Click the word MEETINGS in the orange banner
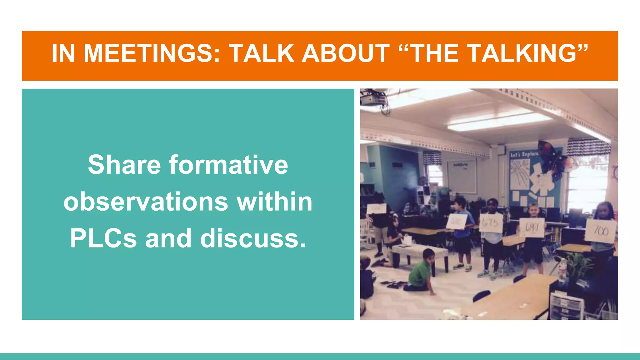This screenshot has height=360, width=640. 152,53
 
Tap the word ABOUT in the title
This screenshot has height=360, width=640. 346,53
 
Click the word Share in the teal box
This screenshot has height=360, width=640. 124,165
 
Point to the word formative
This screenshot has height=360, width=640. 228,165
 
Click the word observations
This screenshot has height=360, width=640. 146,202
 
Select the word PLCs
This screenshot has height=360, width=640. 103,238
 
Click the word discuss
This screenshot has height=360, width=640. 252,238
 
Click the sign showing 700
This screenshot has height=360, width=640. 601,231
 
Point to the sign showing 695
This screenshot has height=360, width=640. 491,223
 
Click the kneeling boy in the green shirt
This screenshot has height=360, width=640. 421,271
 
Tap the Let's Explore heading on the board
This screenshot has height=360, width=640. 524,154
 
